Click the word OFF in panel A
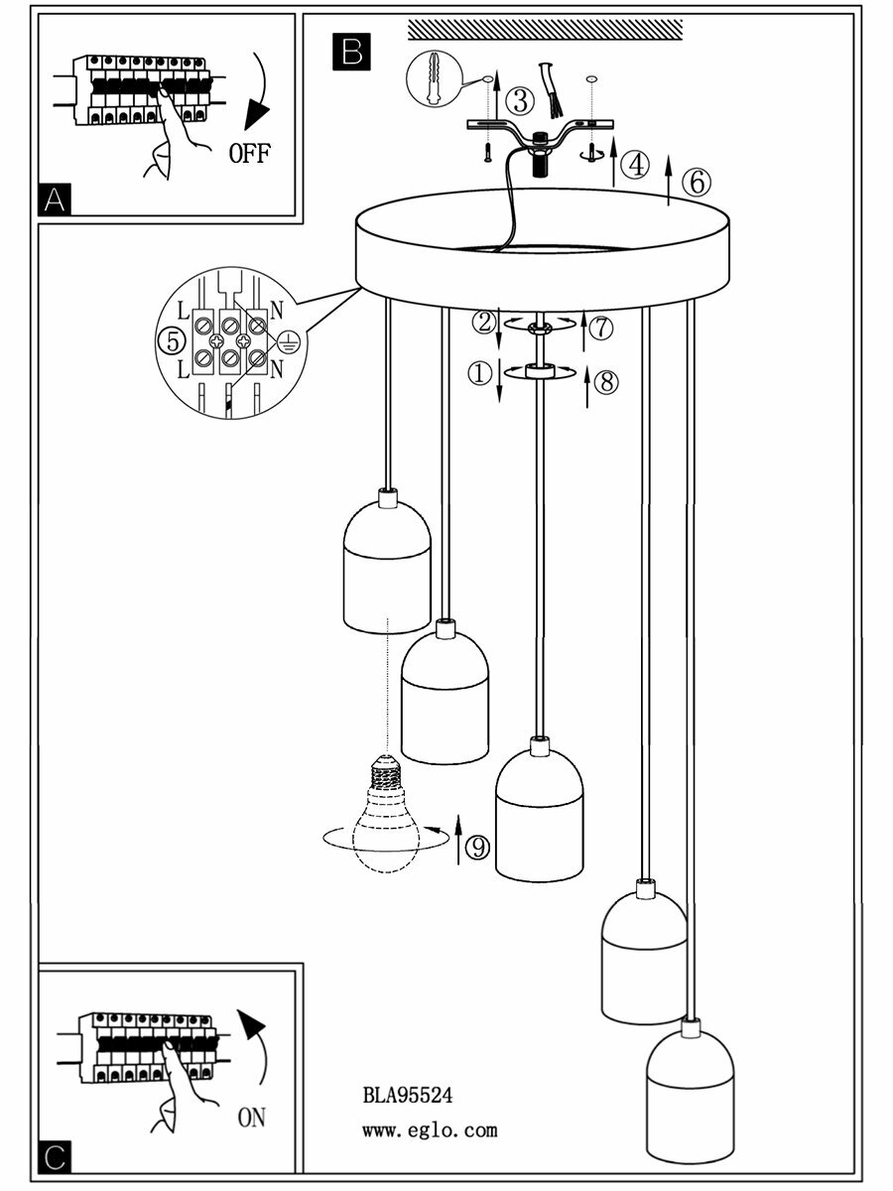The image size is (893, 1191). point(249,154)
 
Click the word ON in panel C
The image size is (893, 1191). point(252,1118)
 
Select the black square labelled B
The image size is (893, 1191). point(351,52)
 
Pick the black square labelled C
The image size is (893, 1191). point(56,1157)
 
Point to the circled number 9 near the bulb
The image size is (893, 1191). point(478,847)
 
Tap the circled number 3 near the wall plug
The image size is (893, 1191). point(519,100)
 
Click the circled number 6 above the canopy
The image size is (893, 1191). point(697,182)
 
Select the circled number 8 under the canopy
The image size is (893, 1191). point(607,381)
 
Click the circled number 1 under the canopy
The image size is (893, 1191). point(480,374)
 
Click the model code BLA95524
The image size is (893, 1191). point(408,1096)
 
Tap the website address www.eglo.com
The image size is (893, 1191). point(429,1129)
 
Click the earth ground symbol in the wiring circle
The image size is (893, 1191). point(287,341)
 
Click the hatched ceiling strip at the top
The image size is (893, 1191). point(545,31)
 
